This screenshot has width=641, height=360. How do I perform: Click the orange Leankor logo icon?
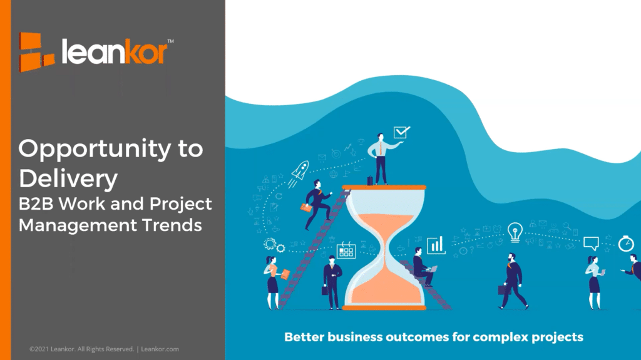(x=36, y=52)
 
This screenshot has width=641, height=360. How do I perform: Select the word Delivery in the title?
(x=68, y=180)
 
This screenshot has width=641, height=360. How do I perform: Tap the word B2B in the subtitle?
(x=36, y=203)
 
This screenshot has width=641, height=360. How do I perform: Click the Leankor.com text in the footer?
(x=160, y=349)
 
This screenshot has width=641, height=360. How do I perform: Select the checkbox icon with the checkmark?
(x=401, y=132)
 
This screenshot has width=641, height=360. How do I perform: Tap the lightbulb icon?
(x=515, y=232)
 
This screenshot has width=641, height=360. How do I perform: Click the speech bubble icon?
(x=591, y=243)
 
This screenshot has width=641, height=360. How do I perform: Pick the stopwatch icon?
(x=626, y=244)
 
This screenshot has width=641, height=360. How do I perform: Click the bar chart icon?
(x=436, y=245)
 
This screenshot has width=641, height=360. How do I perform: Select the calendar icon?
(x=346, y=250)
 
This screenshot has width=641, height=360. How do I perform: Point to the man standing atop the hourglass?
(x=381, y=159)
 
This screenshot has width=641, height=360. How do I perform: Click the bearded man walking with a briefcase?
(x=513, y=281)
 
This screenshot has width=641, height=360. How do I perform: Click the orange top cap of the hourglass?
(x=384, y=187)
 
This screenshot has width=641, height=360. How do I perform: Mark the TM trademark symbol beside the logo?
(x=170, y=41)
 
